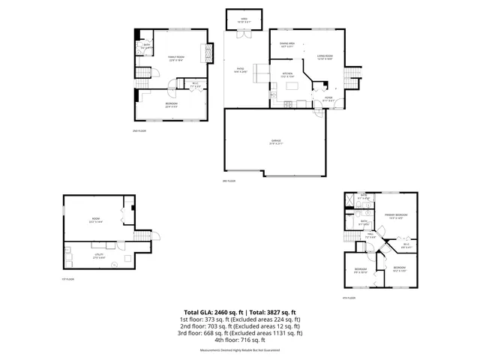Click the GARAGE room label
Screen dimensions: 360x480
tap(275, 141)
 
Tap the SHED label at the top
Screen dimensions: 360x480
tap(244, 19)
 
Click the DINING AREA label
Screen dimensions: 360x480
tap(286, 44)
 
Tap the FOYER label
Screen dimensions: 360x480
tap(328, 97)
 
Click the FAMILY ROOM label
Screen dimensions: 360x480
tap(177, 58)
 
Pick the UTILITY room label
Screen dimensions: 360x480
tap(97, 245)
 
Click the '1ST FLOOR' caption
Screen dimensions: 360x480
tap(69, 279)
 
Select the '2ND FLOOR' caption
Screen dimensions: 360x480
tap(139, 130)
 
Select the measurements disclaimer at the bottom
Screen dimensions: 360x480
tap(240, 350)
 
